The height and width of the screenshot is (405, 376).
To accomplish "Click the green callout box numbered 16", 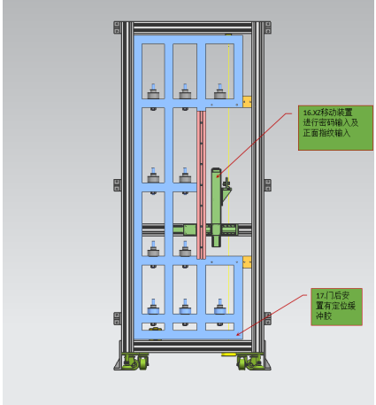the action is coord(335,128).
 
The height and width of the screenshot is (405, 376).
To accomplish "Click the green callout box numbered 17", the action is coord(336,307).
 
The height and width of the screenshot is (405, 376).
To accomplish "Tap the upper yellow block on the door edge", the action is coord(247,101).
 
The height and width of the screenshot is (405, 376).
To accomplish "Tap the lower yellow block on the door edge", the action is coord(247,262).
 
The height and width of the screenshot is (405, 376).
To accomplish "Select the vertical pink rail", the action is coord(202,183).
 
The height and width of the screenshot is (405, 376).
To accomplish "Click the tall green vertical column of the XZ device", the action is coord(216,207).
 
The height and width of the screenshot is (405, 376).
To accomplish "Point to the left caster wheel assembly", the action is coord(135,362).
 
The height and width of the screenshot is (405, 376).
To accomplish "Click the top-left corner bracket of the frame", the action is coord(117,27).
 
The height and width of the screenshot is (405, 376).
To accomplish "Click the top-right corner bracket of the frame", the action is coord(268,27).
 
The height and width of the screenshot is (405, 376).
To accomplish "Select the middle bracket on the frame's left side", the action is coord(117,185).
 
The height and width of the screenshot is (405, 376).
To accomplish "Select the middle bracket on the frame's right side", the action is coord(268,185).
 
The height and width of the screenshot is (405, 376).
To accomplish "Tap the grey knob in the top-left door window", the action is coord(153,91).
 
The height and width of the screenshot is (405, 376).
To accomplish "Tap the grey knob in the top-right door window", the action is coord(219,91).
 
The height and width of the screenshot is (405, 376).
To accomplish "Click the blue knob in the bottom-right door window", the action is coord(219,307).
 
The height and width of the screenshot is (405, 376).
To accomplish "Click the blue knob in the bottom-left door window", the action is coord(153,307).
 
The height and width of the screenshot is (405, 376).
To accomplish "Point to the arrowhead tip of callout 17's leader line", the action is coord(237,336).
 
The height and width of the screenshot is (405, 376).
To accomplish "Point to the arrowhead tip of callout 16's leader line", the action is coord(217,177).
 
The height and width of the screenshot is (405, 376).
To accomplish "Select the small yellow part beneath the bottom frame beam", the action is coord(228,354).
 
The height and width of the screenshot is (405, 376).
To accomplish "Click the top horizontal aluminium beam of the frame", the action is coord(193,27).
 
